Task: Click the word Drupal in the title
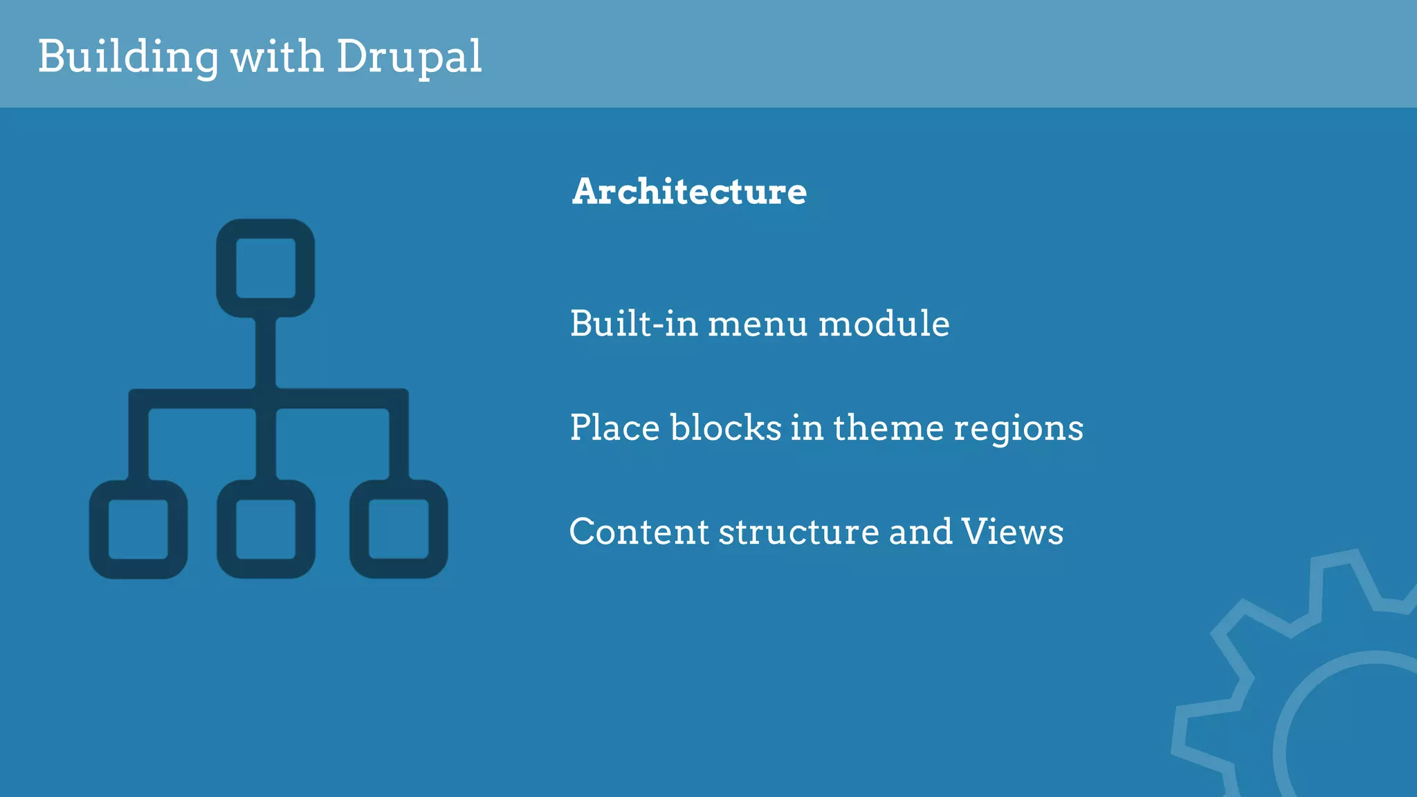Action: [x=409, y=57]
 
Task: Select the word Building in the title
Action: [x=128, y=57]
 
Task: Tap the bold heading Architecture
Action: [x=689, y=192]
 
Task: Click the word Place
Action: [x=614, y=428]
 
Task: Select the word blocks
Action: [x=726, y=428]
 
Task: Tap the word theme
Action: [x=888, y=428]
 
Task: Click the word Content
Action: [x=639, y=532]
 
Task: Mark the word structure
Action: [x=799, y=532]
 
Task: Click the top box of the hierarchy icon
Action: [x=266, y=268]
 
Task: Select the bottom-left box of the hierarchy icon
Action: [x=138, y=529]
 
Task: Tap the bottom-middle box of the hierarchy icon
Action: [x=266, y=529]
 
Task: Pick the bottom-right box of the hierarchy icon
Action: [x=399, y=529]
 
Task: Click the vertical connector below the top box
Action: [x=266, y=353]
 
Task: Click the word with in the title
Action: [x=277, y=57]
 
